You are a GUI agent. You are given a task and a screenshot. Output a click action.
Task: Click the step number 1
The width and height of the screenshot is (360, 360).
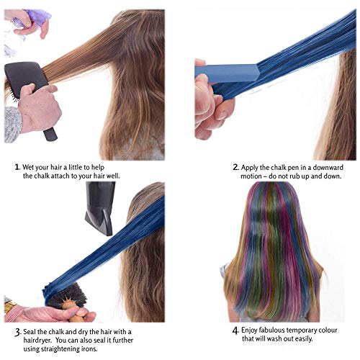coord(17,166)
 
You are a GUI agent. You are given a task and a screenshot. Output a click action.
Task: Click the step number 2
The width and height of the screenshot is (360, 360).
coord(235,166)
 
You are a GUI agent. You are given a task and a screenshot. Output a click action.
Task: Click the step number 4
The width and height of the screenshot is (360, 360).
coord(235,330)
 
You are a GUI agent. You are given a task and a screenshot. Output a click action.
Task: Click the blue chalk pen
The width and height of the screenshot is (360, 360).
coord(226,73)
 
